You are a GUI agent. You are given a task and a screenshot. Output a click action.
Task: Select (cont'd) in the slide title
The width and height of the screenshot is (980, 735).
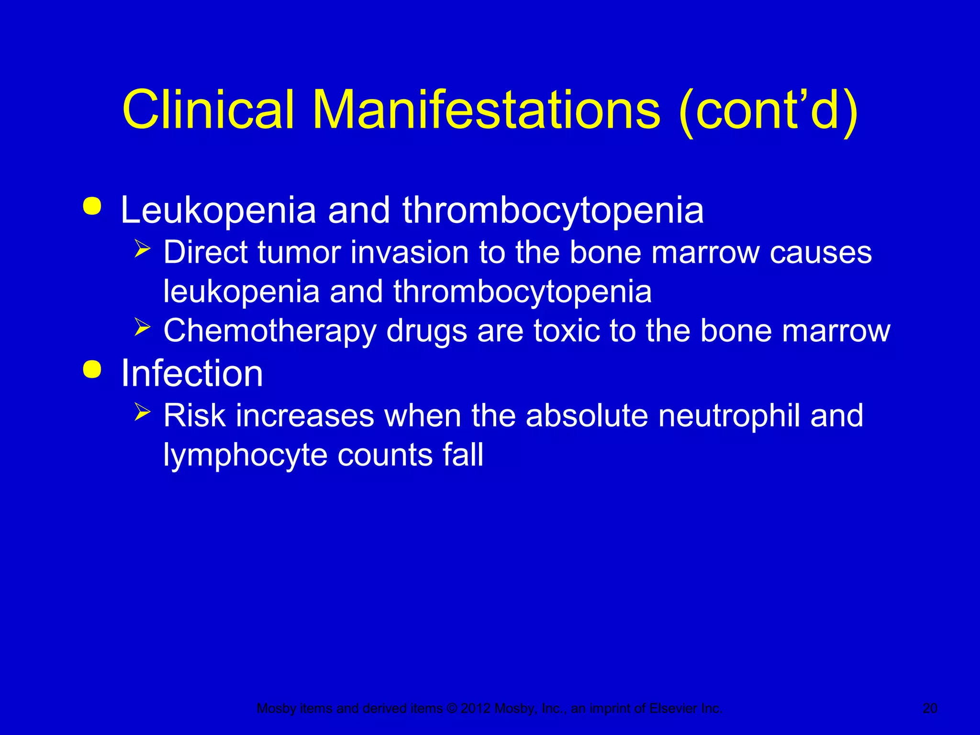coord(768,111)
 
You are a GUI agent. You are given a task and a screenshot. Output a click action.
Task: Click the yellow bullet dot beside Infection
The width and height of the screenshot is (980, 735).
coord(92,369)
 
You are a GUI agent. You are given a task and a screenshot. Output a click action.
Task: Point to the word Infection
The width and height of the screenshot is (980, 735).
coord(191,373)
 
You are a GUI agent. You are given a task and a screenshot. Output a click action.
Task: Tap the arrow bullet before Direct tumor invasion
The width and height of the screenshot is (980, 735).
coord(142,249)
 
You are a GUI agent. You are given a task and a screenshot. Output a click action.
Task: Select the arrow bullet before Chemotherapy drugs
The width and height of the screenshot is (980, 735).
coord(142,328)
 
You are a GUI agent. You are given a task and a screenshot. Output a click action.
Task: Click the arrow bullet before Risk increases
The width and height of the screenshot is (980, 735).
coord(142,412)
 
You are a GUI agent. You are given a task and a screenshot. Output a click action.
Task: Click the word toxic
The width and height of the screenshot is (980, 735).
coord(566,331)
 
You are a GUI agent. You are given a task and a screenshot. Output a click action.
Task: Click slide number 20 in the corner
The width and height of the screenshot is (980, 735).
coord(930,708)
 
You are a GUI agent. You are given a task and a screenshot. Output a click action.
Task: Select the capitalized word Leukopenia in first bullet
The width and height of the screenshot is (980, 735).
coord(218,211)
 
